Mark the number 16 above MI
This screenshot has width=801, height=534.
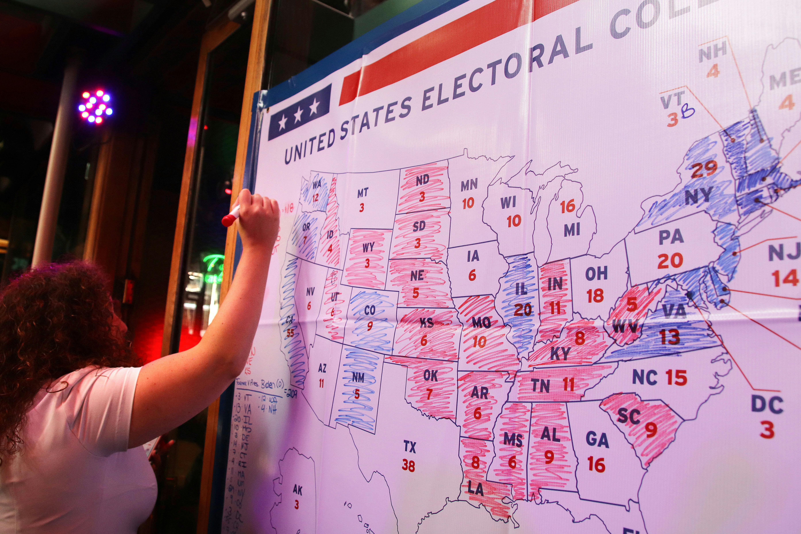(x=567, y=206)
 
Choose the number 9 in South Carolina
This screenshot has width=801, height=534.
(x=651, y=430)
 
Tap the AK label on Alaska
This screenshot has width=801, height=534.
(x=297, y=490)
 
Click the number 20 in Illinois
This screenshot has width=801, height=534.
(x=522, y=309)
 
